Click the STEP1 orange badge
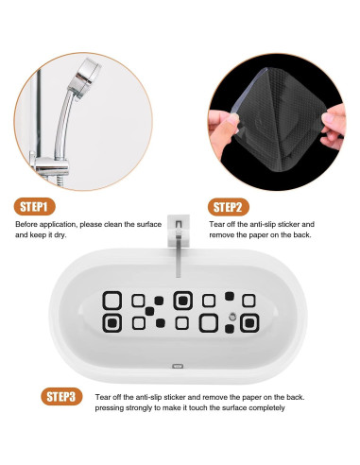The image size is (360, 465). pos(34,207)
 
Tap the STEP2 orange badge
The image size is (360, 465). pos(228,207)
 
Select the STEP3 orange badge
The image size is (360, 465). pos(61,396)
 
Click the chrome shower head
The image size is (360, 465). pos(88,77)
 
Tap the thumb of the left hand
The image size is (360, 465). pos(226,122)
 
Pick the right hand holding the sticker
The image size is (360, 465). pos(334,126)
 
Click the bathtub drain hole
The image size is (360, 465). pos(232,316)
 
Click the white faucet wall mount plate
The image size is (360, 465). pos(179,230)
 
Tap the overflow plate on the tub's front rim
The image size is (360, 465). pos(178,366)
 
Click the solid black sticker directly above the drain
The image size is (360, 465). pos(230,296)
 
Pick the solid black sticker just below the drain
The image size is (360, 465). pos(230,329)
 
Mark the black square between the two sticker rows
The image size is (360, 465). pos(149,311)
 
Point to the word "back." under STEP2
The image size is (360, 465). pos(302,234)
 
